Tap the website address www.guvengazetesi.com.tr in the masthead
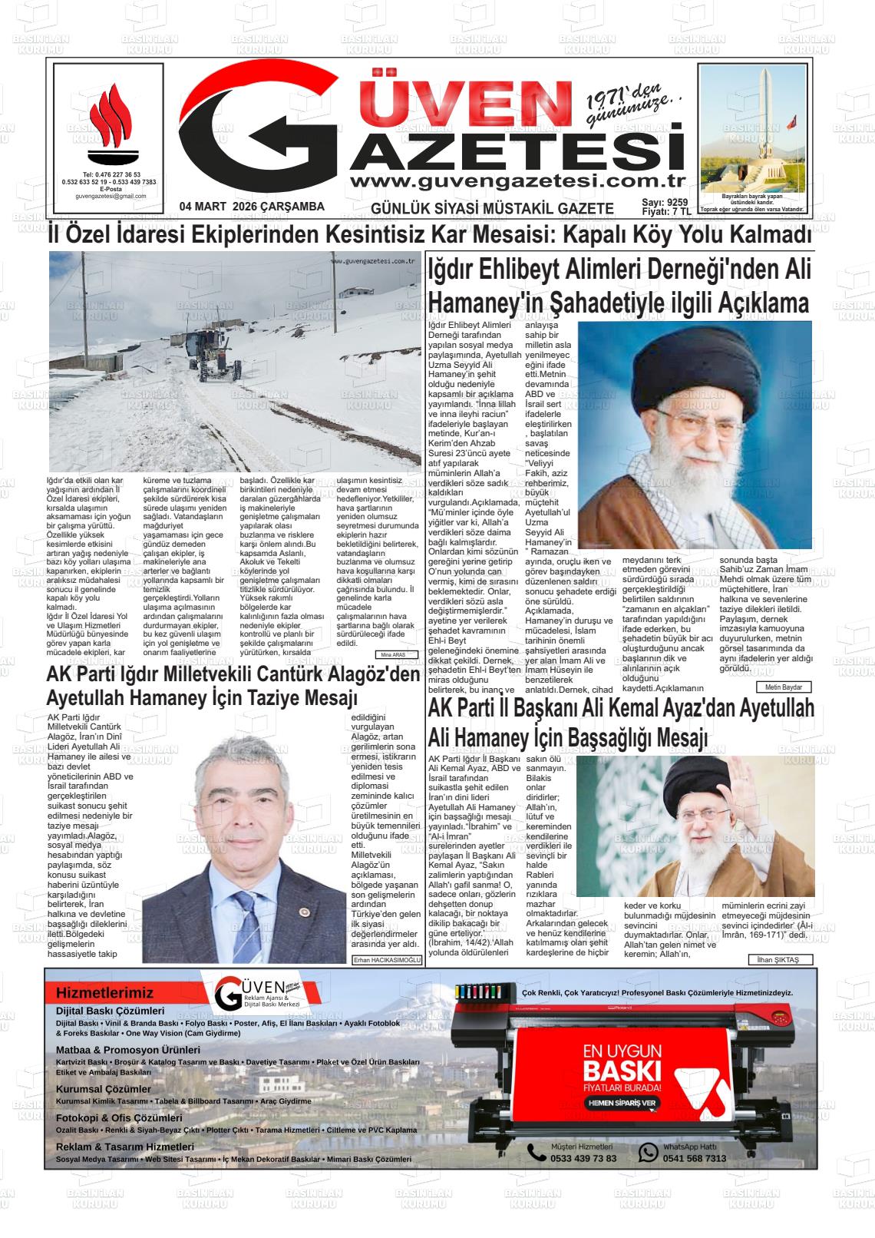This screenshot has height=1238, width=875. click(517, 181)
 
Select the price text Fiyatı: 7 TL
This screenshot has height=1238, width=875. click(666, 212)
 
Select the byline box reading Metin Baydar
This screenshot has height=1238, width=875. click(783, 687)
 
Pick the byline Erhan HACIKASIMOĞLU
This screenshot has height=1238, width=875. click(387, 960)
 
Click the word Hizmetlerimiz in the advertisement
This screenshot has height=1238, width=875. click(104, 993)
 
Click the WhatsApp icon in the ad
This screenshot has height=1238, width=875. click(649, 1152)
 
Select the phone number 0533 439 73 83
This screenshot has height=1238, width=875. click(583, 1158)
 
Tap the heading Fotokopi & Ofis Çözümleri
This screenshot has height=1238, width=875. click(119, 1118)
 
